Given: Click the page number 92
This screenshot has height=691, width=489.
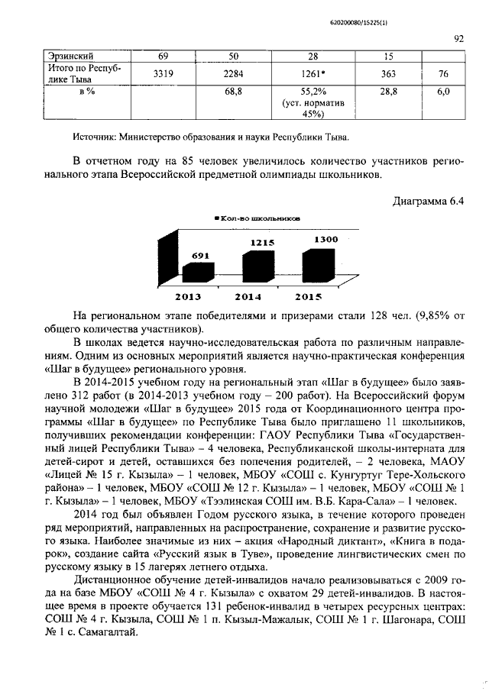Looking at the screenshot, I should click(459, 36).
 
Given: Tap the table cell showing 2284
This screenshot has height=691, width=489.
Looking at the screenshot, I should click(234, 74).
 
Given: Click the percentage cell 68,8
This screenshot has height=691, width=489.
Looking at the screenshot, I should click(234, 92).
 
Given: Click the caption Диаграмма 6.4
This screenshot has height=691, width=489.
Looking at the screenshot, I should click(428, 202).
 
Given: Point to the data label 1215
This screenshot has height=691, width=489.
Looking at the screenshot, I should click(258, 242).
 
